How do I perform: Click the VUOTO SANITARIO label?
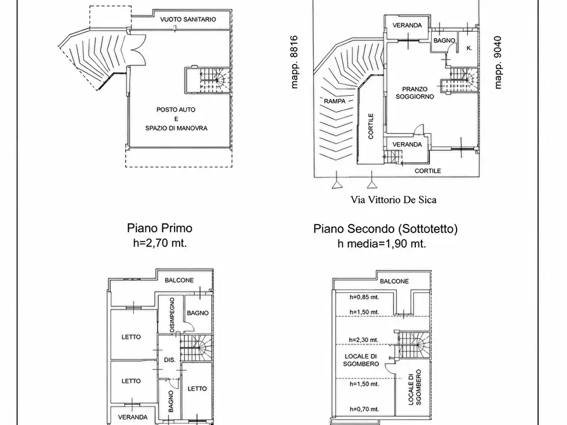click(188, 19)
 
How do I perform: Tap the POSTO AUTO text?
click(176, 110)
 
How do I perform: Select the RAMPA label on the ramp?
click(335, 101)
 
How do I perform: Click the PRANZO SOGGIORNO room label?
click(415, 93)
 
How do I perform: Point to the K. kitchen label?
click(469, 48)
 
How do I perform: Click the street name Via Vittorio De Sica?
click(394, 199)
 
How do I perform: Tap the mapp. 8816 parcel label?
click(295, 62)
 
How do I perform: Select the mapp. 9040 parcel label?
click(498, 63)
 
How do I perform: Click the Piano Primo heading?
click(159, 228)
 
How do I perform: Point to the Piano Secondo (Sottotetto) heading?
click(385, 229)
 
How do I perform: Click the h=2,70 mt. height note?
click(160, 243)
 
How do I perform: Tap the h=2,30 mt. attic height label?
click(363, 340)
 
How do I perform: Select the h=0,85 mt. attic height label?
click(364, 297)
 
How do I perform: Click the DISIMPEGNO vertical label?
click(172, 315)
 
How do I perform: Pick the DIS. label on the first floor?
click(170, 360)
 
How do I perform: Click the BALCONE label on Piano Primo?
click(179, 280)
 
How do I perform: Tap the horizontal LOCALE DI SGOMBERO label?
click(361, 360)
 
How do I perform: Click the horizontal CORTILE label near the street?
click(428, 171)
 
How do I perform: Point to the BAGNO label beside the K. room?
click(444, 41)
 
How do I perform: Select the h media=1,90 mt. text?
click(382, 244)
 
